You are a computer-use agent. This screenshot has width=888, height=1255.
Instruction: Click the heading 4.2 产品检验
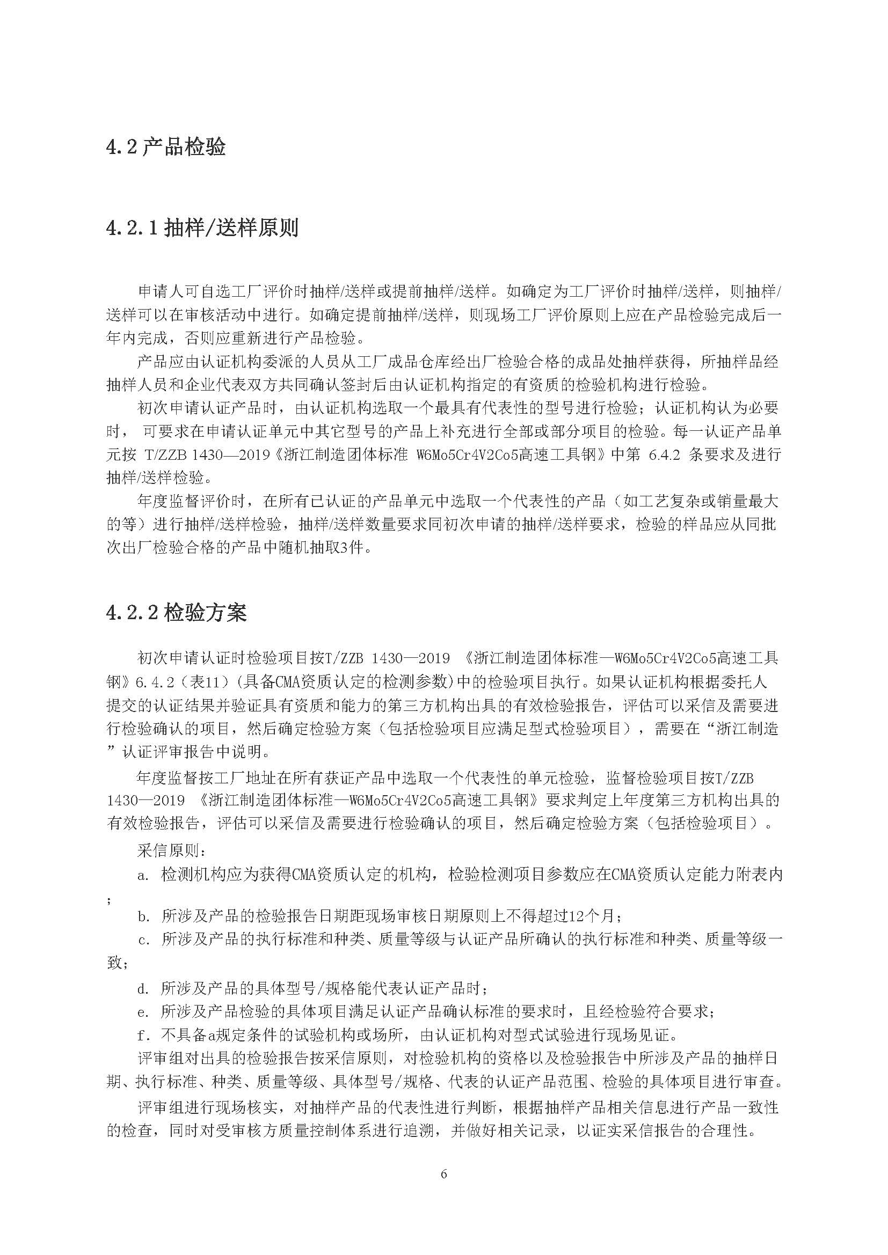click(166, 148)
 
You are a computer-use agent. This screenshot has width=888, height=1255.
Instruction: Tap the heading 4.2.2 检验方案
click(176, 613)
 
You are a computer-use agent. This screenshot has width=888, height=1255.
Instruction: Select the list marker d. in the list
click(143, 988)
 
